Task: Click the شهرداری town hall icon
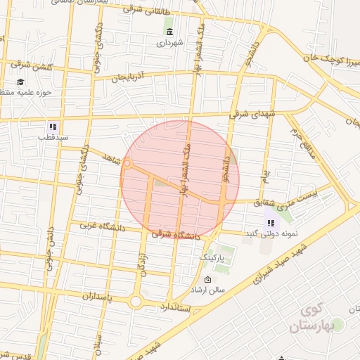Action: coord(170,30)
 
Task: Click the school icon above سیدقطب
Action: coord(52,127)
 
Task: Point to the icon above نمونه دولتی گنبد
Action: coord(271,223)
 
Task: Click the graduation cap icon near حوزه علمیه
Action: coord(20,82)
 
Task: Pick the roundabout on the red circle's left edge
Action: coord(127,164)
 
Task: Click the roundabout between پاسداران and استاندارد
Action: coord(135,302)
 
